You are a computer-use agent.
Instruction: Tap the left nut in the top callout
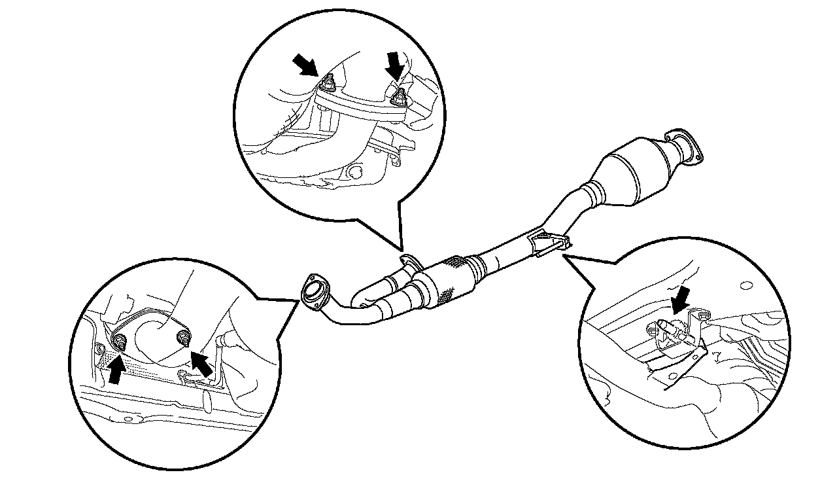(x=328, y=84)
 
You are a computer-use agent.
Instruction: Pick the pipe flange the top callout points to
(x=409, y=260)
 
